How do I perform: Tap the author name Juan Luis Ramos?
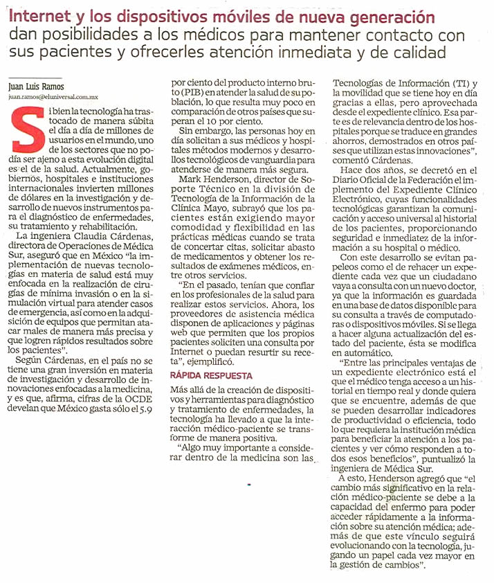(37, 88)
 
